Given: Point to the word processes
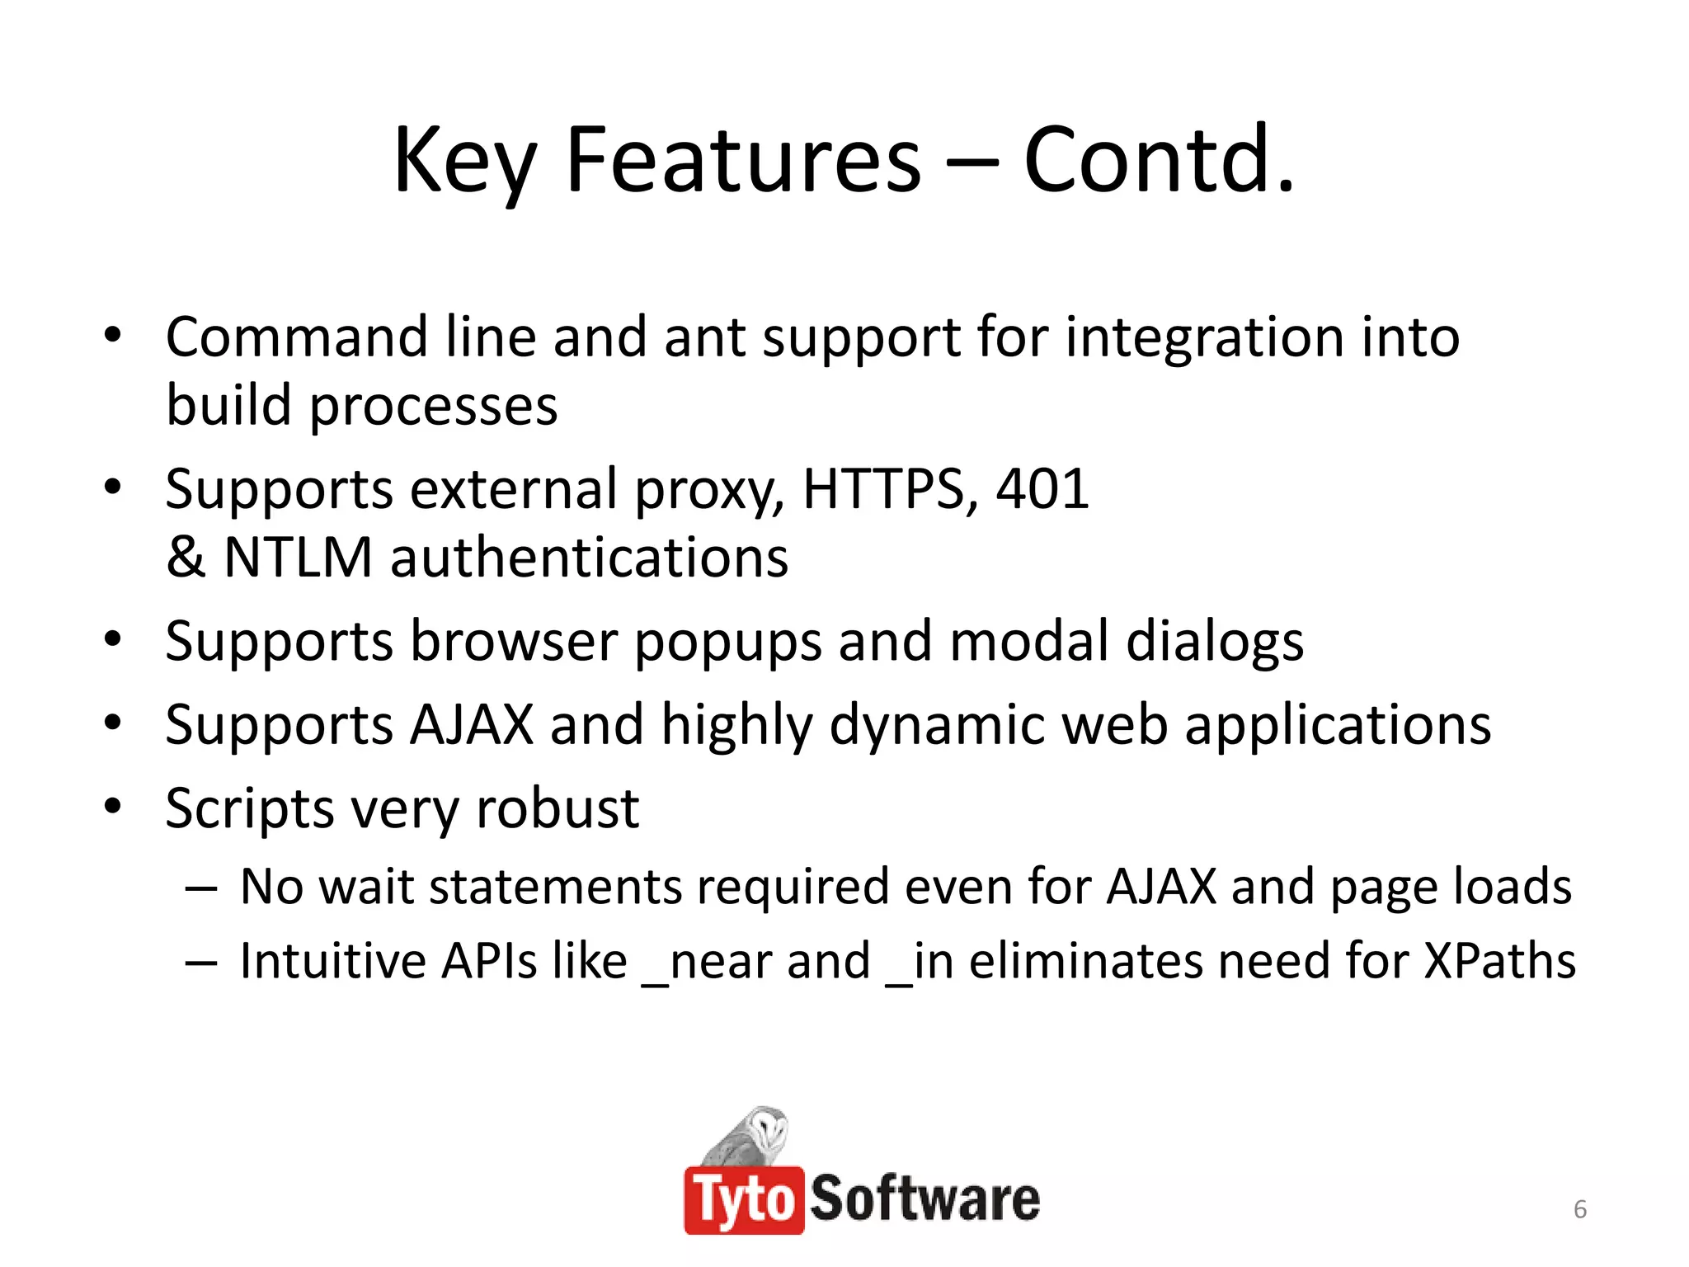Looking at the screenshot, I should point(433,407).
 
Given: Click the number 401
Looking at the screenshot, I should point(1042,489).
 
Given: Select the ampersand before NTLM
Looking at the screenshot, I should point(186,558).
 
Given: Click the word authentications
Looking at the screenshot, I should point(589,558).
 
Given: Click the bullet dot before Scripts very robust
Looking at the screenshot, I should point(113,806).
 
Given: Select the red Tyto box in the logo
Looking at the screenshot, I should point(743,1200).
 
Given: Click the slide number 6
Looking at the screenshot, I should point(1579,1209).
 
